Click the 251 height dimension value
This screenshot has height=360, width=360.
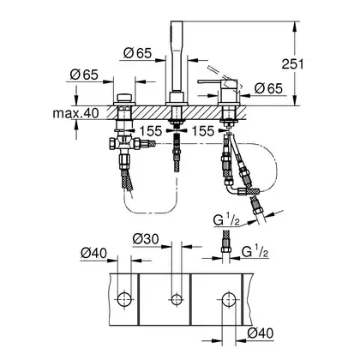click(293, 63)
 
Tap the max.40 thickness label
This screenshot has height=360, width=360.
click(75, 113)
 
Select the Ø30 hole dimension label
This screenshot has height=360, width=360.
click(146, 239)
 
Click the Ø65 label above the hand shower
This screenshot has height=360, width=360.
click(137, 53)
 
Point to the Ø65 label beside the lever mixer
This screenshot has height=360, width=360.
click(268, 88)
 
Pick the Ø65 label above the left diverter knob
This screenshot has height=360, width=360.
click(84, 75)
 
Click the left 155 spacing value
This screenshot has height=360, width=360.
click(151, 131)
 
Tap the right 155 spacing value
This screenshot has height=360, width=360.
click(202, 131)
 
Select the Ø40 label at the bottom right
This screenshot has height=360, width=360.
click(261, 333)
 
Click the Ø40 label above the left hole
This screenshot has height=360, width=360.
click(93, 253)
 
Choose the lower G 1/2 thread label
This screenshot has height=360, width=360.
click(255, 251)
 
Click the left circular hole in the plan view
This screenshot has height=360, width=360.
click(124, 299)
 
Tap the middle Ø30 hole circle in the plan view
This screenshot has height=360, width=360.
click(176, 299)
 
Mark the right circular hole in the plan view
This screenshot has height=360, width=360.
click(229, 299)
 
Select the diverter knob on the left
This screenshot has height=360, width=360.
click(124, 98)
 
